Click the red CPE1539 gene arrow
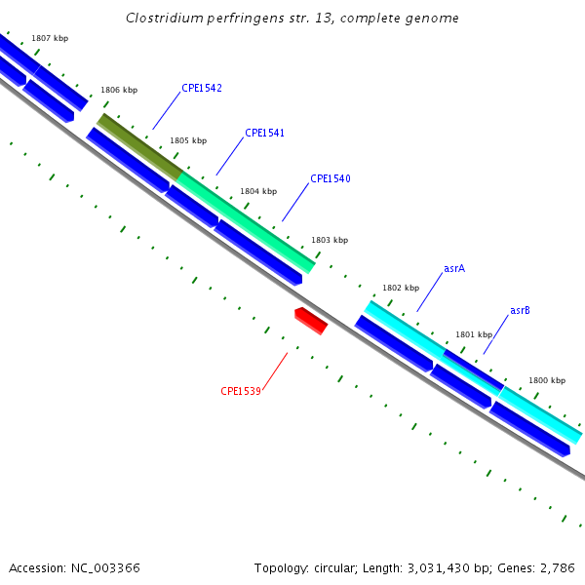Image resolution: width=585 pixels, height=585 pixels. [311, 320]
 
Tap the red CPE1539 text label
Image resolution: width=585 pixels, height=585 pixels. [241, 392]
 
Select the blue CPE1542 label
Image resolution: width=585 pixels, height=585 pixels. [202, 89]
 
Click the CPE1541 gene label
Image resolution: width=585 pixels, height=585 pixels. [264, 134]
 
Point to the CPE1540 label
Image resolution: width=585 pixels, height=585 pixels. [331, 179]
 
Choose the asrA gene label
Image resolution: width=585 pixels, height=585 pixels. [454, 268]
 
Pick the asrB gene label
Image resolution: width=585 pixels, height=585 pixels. [520, 311]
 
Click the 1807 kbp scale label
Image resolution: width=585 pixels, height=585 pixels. [50, 39]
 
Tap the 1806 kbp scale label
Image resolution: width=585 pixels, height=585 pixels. [119, 91]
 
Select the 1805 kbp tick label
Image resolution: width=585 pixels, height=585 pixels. [188, 141]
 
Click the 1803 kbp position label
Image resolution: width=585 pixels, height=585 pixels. [330, 240]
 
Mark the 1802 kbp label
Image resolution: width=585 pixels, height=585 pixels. [401, 289]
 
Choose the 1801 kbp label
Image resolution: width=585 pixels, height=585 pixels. [474, 334]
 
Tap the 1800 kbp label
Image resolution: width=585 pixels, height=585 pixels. [547, 381]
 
